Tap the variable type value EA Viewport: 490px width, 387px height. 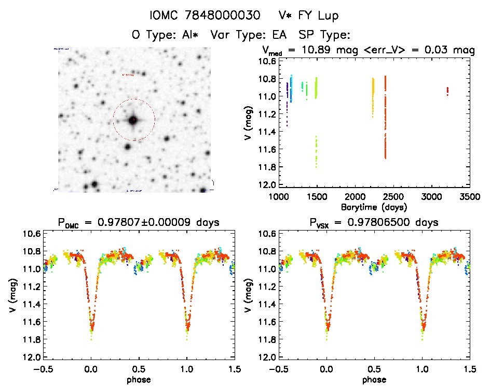(283, 36)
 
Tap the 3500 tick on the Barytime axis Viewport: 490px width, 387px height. (470, 197)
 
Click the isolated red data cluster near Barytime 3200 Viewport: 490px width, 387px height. (447, 91)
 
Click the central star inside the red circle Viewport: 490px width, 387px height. (133, 120)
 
